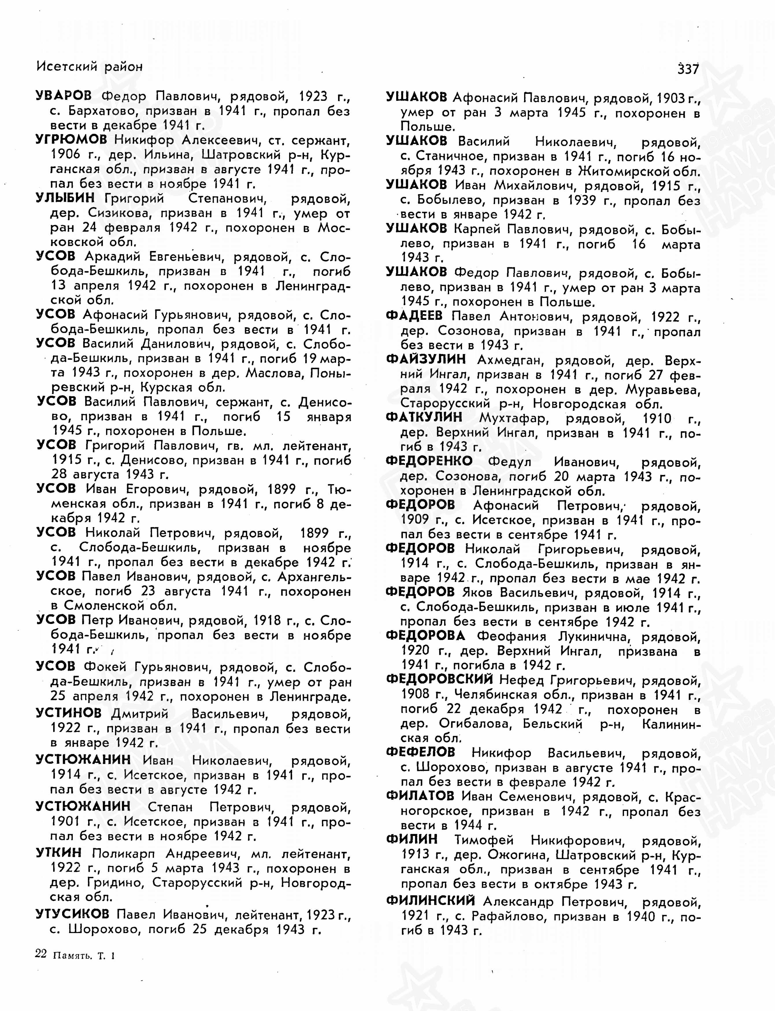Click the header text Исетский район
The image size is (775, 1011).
pos(90,67)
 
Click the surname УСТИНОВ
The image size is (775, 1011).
pos(68,713)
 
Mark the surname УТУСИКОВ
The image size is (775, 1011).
pos(73,913)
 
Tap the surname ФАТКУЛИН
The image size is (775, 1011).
pos(424,418)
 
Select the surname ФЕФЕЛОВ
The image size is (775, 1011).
pos(420,752)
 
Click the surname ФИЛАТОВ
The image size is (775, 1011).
pos(420,796)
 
